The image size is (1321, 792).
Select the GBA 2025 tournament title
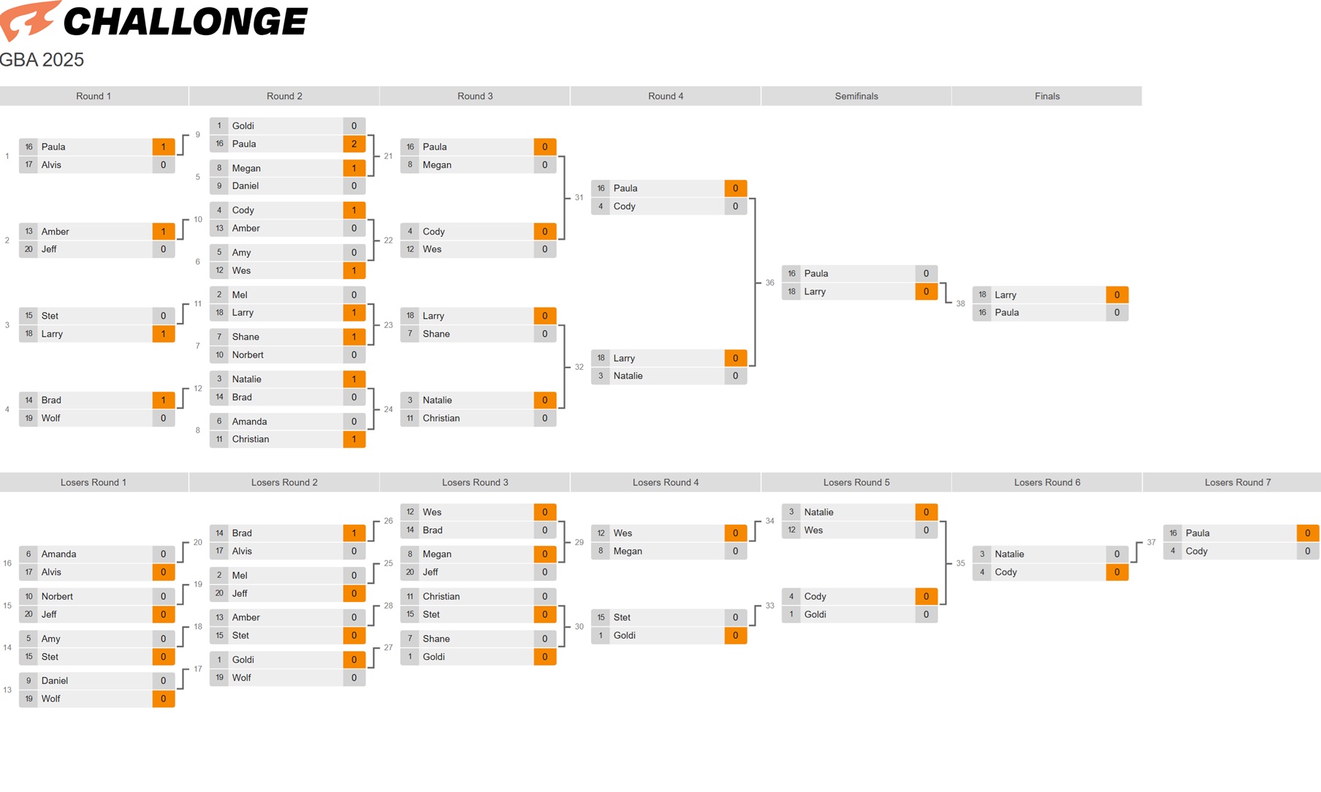click(42, 60)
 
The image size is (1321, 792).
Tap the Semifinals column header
click(856, 96)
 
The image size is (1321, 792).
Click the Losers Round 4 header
click(666, 482)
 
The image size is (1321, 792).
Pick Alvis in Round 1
click(52, 165)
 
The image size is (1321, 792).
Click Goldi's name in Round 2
click(243, 126)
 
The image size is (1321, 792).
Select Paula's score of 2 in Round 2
click(354, 144)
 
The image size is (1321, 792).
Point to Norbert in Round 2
click(248, 355)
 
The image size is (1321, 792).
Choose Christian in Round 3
click(441, 419)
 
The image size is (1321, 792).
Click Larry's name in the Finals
click(1005, 295)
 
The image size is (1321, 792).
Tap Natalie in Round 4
click(628, 376)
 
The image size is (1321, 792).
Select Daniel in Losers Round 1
click(55, 681)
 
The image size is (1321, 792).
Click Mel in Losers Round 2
click(240, 576)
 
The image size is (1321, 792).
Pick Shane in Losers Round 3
click(436, 639)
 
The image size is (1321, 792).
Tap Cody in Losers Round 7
click(1196, 552)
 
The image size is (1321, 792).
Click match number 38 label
click(961, 304)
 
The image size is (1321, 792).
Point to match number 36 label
click(770, 283)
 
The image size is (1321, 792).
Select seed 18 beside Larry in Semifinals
click(792, 292)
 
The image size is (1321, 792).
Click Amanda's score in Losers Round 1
click(164, 555)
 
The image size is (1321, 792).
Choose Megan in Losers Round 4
click(628, 552)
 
